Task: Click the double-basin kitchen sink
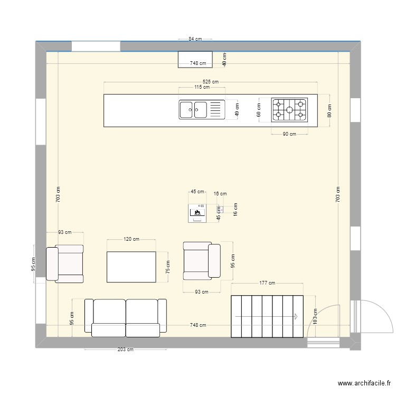(193, 110)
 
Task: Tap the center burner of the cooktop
(289, 110)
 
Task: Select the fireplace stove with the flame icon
(197, 212)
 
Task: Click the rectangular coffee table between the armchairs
(131, 267)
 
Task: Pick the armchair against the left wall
(65, 263)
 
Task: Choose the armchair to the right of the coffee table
(201, 260)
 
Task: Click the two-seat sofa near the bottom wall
(126, 317)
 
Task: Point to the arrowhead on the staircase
(296, 316)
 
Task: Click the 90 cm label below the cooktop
(289, 134)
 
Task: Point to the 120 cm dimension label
(131, 239)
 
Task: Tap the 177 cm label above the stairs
(267, 283)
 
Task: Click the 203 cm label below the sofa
(126, 350)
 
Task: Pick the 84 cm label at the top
(195, 39)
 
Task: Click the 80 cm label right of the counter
(329, 111)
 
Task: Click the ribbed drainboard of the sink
(216, 110)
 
